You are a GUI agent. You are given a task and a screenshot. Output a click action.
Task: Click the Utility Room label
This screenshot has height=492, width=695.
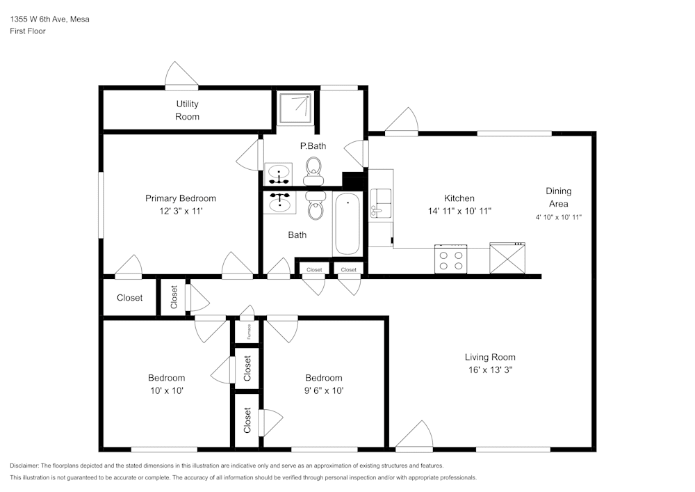(187, 110)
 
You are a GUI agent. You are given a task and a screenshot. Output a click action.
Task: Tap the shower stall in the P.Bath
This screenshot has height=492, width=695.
(296, 108)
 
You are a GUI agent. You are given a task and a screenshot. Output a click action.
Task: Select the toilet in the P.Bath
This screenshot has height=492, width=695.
(313, 168)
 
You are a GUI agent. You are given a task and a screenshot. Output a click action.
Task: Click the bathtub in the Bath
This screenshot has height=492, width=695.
(347, 224)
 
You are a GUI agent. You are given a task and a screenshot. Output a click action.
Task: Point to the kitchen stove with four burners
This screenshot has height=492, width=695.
(450, 259)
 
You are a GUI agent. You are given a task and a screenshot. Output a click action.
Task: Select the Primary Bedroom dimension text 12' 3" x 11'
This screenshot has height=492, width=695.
(180, 211)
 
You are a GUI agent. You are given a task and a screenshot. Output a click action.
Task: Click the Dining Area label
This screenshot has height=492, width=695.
(558, 197)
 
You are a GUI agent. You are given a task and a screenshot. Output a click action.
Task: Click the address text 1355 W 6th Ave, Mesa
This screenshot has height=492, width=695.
(49, 19)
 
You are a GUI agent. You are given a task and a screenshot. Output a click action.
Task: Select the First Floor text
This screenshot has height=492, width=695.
(28, 31)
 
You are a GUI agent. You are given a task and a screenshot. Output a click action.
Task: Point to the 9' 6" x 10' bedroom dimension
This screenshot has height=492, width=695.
(323, 390)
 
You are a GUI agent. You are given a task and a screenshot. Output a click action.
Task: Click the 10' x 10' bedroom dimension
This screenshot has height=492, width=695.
(166, 390)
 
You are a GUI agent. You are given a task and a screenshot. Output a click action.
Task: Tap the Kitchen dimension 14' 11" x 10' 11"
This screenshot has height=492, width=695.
(459, 211)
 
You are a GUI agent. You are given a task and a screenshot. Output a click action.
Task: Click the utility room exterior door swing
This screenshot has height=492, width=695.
(181, 76)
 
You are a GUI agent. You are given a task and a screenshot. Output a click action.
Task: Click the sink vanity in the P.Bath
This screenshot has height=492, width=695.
(279, 172)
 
